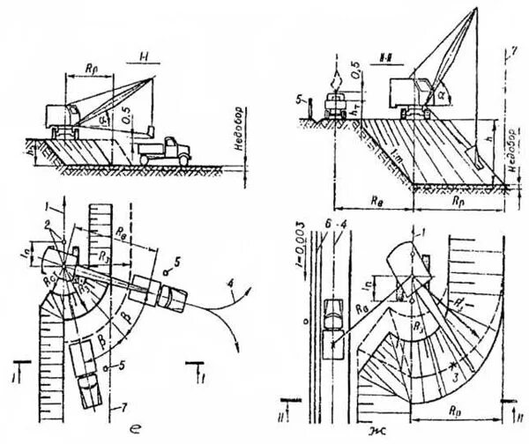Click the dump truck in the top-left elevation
pos(164,148)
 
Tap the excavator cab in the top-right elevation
pos(409,92)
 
